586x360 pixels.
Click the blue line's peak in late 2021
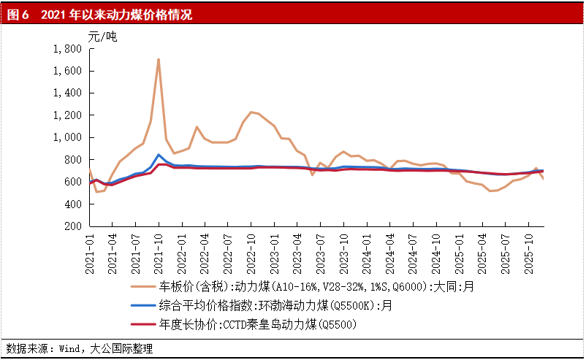tap(159, 155)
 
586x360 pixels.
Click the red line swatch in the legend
tap(143, 323)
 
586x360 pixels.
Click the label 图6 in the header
tap(18, 14)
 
